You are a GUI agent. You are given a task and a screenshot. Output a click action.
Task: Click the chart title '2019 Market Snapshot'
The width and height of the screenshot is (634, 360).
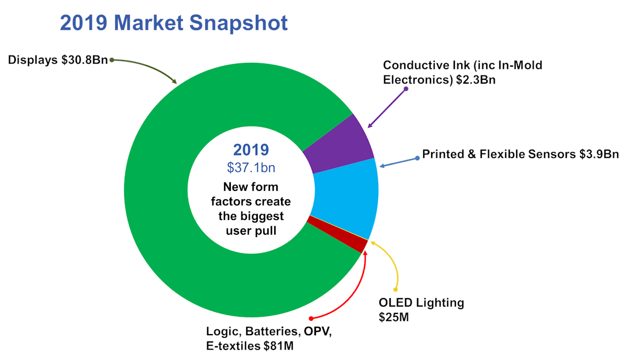(174, 23)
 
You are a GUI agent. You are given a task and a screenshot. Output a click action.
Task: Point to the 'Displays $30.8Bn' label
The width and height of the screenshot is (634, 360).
(58, 60)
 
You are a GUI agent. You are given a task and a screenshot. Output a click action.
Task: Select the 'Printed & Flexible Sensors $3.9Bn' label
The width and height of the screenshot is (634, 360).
(520, 154)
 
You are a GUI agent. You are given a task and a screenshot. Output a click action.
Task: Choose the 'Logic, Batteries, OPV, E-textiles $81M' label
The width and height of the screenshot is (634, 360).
(269, 338)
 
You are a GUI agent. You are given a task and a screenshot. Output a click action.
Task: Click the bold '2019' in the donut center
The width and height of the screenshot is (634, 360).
(251, 150)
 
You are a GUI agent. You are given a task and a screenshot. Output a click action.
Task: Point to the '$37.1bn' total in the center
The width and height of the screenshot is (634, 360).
(251, 168)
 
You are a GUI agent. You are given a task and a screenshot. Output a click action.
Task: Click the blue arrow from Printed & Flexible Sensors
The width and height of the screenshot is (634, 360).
(399, 162)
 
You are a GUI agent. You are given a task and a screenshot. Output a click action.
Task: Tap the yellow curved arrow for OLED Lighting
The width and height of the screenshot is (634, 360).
(394, 264)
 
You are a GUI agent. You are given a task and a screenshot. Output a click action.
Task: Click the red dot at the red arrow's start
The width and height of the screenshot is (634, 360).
(311, 318)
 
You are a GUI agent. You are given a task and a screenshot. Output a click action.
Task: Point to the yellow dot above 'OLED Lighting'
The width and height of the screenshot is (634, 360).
(395, 289)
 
